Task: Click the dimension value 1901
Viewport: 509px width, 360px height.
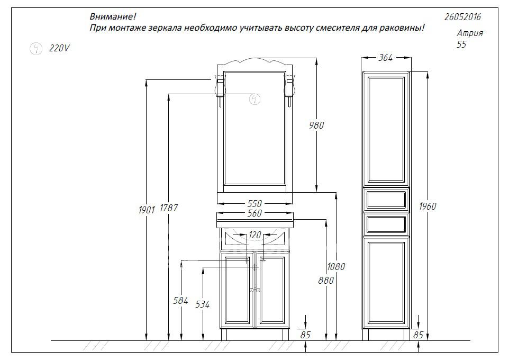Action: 147,210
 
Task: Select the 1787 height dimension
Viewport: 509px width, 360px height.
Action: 169,208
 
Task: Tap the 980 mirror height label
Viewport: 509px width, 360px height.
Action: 316,125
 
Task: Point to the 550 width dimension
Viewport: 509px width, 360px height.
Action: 254,203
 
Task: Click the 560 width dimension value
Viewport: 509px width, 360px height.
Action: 254,213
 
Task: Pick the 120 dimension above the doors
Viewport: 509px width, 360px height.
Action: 255,235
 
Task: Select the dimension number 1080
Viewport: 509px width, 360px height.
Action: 336,266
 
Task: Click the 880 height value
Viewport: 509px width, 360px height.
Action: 326,280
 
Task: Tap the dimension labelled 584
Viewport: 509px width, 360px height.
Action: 180,301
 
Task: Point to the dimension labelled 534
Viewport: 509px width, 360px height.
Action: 203,304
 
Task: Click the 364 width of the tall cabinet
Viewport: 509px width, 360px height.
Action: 386,58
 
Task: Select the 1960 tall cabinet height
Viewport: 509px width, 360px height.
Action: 428,206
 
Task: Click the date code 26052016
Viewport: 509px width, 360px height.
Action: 462,17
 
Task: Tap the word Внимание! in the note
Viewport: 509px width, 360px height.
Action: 113,16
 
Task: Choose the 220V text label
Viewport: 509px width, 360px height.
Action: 59,48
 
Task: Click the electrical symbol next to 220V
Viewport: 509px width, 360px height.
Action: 35,49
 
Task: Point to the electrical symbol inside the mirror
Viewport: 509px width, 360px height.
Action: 255,99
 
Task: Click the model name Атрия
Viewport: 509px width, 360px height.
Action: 470,33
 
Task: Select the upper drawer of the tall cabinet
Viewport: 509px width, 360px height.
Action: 386,200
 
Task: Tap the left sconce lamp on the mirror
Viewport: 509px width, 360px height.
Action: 221,88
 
